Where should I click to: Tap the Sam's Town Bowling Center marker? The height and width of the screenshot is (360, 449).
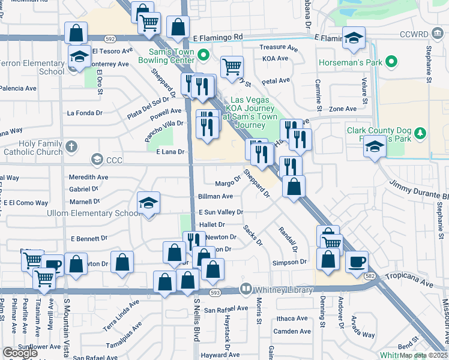coord(203,57)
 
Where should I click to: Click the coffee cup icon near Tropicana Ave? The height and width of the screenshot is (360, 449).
coord(358,262)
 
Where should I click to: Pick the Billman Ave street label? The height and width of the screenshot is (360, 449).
coord(215,196)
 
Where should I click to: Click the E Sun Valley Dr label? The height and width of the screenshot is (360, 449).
coord(221,212)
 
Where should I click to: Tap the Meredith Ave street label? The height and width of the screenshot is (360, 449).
coord(88,177)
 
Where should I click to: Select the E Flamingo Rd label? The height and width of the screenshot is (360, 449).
coord(218,37)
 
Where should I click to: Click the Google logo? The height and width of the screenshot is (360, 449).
coord(20,353)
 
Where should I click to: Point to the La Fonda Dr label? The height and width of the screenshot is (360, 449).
coord(85,113)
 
